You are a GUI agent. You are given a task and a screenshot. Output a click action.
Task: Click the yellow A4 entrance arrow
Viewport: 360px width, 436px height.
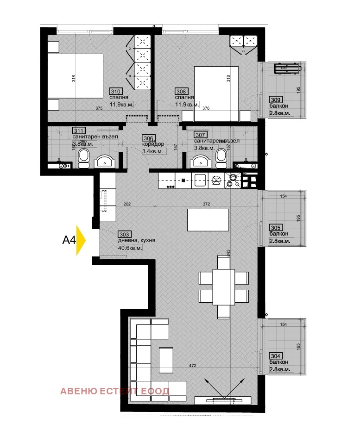click(x=81, y=240)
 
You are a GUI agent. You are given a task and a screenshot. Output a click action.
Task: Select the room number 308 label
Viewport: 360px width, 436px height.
click(x=181, y=91)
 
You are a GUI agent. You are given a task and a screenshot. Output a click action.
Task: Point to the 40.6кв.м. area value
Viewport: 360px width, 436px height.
click(x=131, y=248)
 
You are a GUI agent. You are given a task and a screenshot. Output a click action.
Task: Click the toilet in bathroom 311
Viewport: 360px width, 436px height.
click(x=84, y=158)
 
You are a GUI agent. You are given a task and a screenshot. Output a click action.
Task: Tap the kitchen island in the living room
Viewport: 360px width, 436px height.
click(x=208, y=220)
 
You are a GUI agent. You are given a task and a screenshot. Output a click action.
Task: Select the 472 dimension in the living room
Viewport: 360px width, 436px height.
click(x=193, y=366)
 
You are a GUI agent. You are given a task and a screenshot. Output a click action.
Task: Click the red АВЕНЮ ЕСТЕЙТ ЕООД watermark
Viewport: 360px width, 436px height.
click(x=114, y=391)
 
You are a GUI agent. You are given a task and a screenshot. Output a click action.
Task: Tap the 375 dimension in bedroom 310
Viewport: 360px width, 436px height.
click(x=99, y=108)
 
